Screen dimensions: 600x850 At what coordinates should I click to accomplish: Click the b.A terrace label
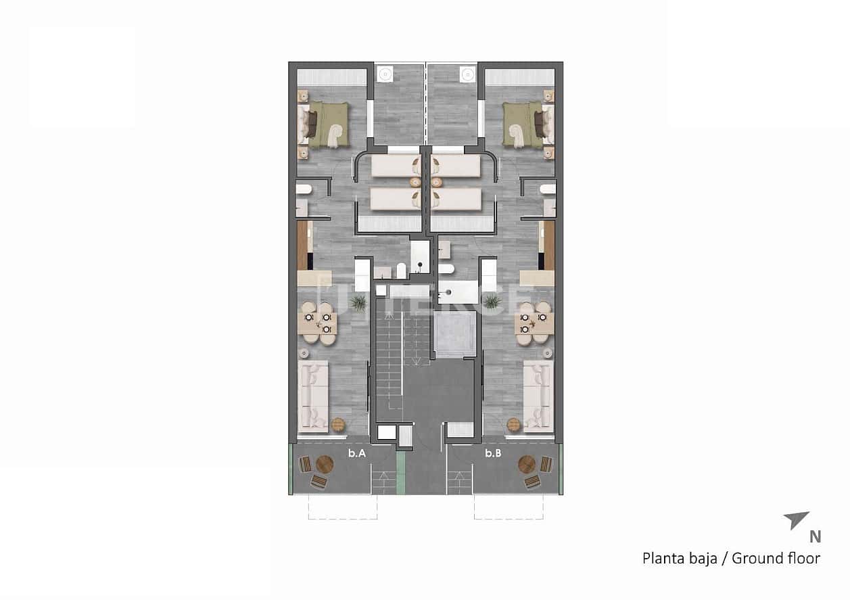[x=357, y=454]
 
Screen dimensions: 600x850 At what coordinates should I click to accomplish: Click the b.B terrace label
[x=493, y=454]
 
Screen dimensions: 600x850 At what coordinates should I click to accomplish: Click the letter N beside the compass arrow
[x=816, y=537]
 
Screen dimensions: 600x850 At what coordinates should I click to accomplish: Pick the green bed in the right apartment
[x=524, y=124]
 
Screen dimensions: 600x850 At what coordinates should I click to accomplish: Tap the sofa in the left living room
[x=313, y=395]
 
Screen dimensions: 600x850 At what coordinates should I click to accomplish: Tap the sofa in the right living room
[x=538, y=395]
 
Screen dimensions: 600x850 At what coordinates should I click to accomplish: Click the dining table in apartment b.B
[x=534, y=323]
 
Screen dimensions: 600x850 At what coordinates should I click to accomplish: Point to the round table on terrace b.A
[x=325, y=464]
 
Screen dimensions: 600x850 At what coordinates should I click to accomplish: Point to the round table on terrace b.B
[x=527, y=464]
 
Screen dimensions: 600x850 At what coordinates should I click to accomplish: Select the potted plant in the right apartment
[x=492, y=302]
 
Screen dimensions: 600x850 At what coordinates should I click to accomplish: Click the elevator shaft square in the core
[x=450, y=334]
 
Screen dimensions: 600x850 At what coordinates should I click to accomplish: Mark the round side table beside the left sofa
[x=338, y=425]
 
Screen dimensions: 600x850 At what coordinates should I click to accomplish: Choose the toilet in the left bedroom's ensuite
[x=302, y=189]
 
